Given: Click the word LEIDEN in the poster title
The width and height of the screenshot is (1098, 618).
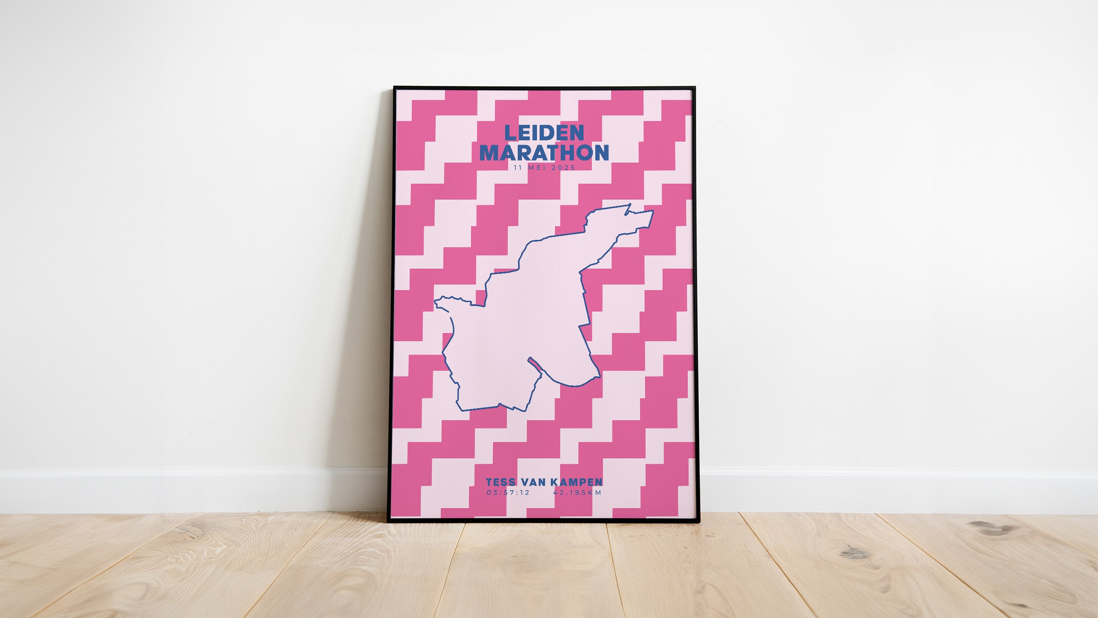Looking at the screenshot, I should (x=544, y=133).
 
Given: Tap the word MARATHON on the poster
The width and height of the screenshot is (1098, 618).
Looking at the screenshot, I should (x=544, y=153).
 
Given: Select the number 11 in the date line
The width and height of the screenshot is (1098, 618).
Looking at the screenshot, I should (x=518, y=168).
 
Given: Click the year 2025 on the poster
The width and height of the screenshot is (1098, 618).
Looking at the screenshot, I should (x=563, y=168).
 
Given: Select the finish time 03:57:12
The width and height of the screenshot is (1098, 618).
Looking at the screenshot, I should (x=508, y=493).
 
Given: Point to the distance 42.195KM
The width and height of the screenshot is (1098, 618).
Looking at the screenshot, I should (x=577, y=493).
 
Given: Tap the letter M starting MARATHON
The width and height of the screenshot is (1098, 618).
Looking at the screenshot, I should (x=488, y=153).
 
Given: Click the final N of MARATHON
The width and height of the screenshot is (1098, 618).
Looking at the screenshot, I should (x=601, y=153).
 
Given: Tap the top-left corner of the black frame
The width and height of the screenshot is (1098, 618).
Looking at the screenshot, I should (x=394, y=88).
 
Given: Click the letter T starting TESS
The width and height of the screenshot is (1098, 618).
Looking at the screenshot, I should (x=490, y=482).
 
